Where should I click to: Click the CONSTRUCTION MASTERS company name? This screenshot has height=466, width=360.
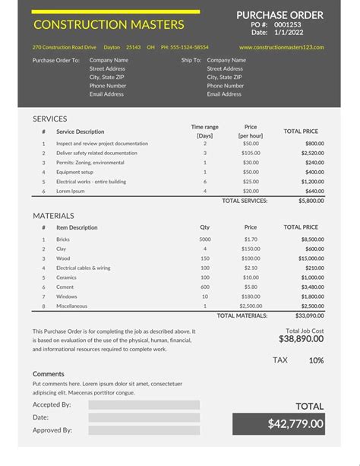109,25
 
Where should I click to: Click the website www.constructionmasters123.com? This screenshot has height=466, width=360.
281,47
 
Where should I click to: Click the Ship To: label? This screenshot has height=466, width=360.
191,59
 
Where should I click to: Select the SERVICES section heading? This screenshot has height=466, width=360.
49,119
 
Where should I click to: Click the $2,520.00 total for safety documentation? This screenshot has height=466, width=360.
314,153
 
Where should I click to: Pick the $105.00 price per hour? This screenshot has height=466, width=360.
251,153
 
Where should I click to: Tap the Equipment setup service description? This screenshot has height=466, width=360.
74,172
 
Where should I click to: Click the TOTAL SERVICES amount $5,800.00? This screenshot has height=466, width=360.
311,201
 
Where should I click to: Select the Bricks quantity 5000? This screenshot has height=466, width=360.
205,239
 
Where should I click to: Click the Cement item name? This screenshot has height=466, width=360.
65,287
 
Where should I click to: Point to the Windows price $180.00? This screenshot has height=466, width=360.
251,296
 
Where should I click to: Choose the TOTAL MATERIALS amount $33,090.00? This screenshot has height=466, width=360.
310,315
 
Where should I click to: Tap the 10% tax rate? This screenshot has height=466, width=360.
316,360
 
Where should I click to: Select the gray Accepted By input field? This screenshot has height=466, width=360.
144,405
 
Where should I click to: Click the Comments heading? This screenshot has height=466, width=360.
48,374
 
